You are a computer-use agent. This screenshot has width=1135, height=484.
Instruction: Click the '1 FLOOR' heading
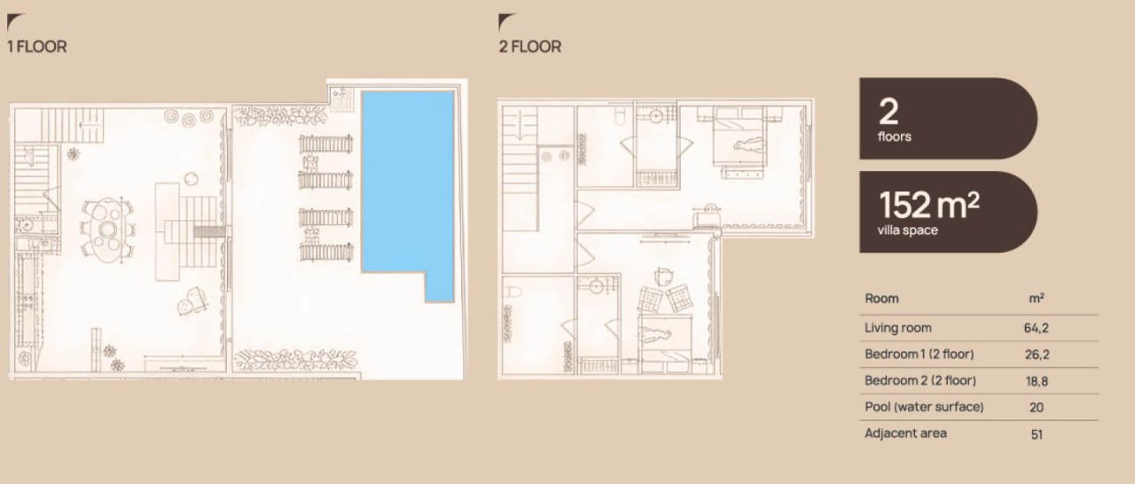point(37,47)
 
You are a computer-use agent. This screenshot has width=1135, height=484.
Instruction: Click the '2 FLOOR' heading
point(530,47)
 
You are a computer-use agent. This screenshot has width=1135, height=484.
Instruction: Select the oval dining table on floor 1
point(108,230)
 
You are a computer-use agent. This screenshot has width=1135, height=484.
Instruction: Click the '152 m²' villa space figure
point(928,205)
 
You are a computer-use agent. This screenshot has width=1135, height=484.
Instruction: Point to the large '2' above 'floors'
point(888,112)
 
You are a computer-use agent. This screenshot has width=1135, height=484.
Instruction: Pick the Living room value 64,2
point(1037,328)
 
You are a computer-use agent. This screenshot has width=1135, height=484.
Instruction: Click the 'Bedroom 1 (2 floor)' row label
point(920,355)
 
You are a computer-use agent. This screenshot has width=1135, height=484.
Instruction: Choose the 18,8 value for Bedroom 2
point(1037,381)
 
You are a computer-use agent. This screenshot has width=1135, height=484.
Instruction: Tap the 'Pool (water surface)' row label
point(924,407)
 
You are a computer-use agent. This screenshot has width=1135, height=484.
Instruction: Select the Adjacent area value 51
point(1037,434)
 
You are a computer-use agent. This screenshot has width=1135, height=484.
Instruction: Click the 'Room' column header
point(881,299)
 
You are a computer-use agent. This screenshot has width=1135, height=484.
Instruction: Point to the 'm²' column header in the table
point(1037,298)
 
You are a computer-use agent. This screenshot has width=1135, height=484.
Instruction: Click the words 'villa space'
point(907,230)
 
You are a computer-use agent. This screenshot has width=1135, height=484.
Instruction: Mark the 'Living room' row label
point(898,328)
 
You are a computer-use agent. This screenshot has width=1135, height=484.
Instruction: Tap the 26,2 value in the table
point(1037,355)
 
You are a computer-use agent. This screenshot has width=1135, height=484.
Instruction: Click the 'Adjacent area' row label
point(905,433)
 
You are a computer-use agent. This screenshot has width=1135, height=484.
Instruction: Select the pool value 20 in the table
point(1037,408)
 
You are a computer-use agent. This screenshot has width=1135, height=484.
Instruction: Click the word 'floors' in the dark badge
point(895,137)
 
